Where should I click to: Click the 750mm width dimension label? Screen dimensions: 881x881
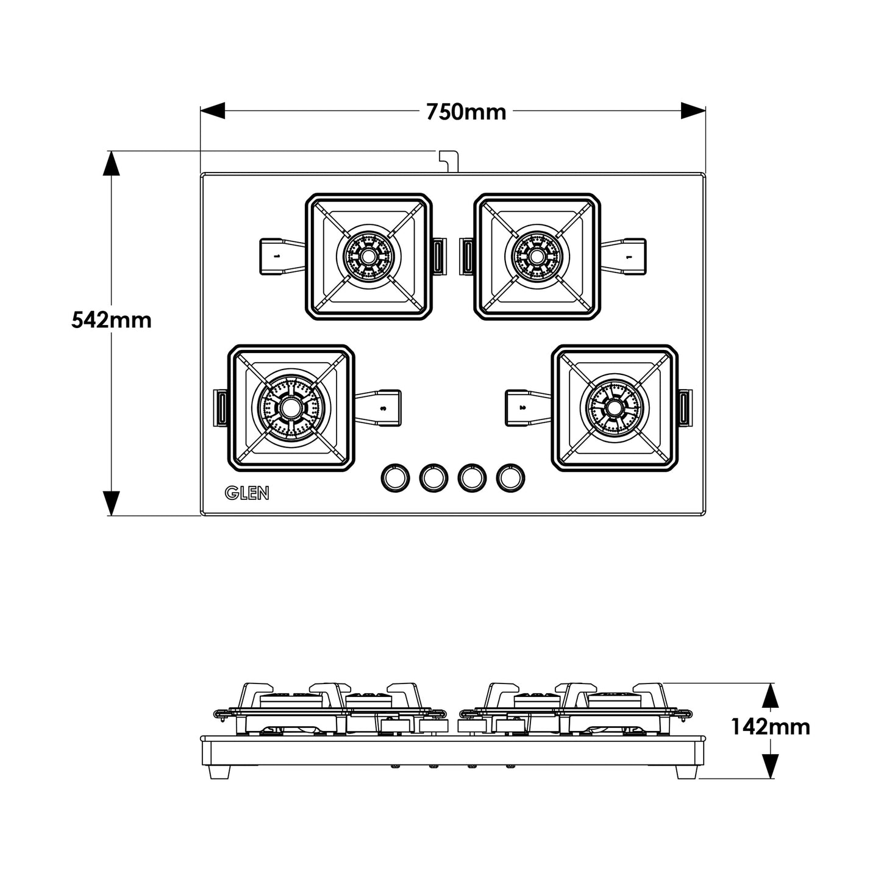pos(466,112)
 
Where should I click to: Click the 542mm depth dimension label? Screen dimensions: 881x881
pos(111,319)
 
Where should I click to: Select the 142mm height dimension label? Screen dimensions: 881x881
pos(771,726)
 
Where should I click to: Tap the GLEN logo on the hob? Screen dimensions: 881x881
pos(247,493)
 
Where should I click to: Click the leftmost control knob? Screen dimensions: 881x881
pos(393,477)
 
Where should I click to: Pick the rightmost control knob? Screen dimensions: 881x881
pos(510,477)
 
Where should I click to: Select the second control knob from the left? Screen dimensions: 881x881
pos(432,477)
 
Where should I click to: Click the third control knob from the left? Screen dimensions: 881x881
pos(471,477)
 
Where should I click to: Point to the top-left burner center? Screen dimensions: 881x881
pos(367,256)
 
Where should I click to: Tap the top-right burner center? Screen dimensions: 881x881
pos(537,256)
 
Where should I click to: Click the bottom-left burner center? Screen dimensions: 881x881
pos(290,407)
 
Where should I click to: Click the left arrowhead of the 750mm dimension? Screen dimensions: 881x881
pos(213,111)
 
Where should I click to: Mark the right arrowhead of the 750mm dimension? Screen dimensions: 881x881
pos(693,111)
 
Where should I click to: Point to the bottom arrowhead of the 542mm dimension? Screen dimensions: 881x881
pos(110,504)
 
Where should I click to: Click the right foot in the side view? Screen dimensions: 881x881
pos(685,771)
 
